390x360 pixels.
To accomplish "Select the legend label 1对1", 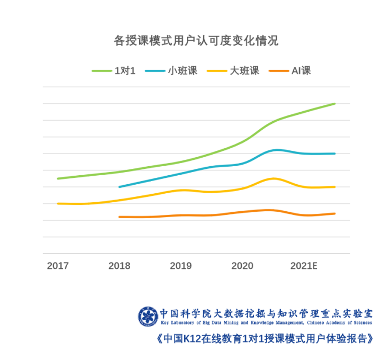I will tap(125, 71).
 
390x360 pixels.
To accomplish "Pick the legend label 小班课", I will tap(183, 71).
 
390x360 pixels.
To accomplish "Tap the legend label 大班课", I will tap(244, 71).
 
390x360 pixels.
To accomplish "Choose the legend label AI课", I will tap(301, 71).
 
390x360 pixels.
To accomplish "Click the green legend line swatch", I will tap(102, 71).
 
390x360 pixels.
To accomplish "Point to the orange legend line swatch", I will tap(279, 71).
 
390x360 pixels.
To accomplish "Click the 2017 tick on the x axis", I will tap(58, 266).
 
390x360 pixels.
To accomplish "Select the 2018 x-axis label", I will tap(119, 266).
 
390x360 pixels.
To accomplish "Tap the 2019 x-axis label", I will tap(180, 266).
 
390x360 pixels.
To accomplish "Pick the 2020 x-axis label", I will tap(242, 266).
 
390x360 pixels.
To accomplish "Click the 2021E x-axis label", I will tap(304, 266).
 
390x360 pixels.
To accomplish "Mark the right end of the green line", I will tap(335, 104).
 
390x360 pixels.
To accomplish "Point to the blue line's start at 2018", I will tap(120, 187).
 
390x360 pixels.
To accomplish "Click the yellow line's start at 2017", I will tap(58, 203).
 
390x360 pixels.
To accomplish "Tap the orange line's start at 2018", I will tap(120, 217).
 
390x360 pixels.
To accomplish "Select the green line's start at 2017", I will tap(58, 178).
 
